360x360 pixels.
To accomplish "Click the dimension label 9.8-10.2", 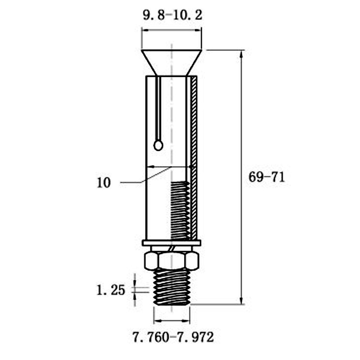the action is [x=172, y=16].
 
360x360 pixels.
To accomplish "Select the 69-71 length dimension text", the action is [x=266, y=177].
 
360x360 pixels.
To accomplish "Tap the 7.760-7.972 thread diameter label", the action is [x=173, y=337].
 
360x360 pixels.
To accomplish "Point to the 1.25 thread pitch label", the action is [x=111, y=290].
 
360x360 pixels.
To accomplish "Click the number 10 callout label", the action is [x=104, y=183].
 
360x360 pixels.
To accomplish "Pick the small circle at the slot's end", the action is [x=158, y=145].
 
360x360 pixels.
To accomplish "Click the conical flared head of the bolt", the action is [x=171, y=63].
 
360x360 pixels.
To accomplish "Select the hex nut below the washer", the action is [x=171, y=261].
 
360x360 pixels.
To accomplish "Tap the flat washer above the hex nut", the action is [x=171, y=243].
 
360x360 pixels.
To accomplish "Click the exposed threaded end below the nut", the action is [x=172, y=287].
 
